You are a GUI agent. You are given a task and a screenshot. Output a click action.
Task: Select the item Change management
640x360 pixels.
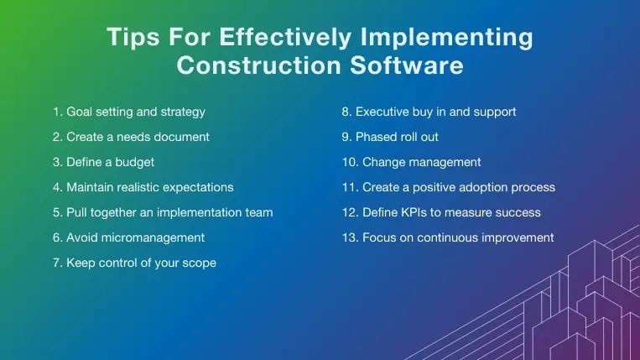coord(411,161)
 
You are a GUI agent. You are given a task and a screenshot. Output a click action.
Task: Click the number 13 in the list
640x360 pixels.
coord(348,237)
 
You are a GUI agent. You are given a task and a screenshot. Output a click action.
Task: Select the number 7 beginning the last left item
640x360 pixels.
coord(55,263)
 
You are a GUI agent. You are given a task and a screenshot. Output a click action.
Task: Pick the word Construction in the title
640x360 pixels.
coord(251,65)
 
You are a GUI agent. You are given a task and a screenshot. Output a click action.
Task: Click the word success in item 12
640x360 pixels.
coord(519,211)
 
